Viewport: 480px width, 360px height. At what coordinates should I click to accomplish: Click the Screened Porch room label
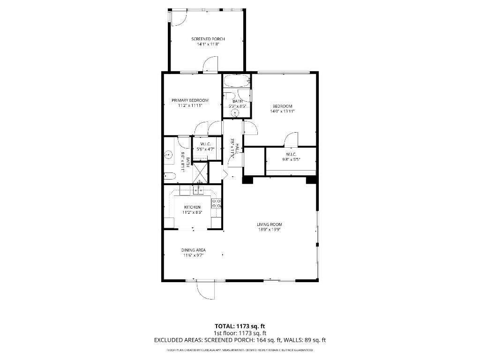click(208, 39)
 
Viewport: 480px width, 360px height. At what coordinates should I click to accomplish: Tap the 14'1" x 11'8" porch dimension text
click(208, 44)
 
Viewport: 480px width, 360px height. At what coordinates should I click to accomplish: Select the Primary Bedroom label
click(190, 100)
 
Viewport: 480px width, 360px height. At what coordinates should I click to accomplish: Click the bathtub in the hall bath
click(236, 81)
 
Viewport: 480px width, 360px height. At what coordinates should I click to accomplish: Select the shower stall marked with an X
click(200, 172)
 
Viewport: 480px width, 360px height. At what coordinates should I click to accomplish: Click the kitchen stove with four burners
click(217, 203)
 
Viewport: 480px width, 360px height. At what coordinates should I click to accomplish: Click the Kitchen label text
click(192, 207)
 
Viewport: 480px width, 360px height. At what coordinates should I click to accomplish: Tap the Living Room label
click(269, 225)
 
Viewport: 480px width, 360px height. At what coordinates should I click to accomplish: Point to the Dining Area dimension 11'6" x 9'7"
click(194, 255)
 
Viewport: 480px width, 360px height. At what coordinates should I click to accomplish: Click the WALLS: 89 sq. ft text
click(307, 340)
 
